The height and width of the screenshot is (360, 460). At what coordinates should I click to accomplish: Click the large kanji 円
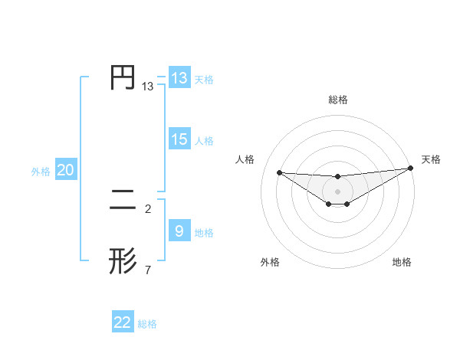coord(123,77)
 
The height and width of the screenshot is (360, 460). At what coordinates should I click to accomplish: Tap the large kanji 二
coord(123,201)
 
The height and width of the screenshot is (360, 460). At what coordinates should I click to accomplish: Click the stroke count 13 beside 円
coord(148,87)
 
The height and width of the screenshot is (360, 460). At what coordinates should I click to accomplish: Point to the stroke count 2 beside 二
coord(148,208)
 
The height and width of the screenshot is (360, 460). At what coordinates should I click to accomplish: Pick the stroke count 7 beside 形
coord(148,270)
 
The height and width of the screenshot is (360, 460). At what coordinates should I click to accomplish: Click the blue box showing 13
coord(179,78)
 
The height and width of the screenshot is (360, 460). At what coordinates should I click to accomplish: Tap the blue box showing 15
coord(179,139)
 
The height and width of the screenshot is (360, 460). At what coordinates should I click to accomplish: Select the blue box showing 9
coord(179,231)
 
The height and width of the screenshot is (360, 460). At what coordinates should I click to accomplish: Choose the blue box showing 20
coord(65,170)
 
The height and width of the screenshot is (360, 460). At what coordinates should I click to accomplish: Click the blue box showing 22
coord(123,322)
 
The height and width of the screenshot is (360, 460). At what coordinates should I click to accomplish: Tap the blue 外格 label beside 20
coord(41,172)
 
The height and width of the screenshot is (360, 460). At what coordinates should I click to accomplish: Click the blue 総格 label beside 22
coord(147,324)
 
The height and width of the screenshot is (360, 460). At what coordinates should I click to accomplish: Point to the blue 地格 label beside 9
coord(204,233)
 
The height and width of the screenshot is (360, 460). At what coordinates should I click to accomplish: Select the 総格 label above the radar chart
coord(337,100)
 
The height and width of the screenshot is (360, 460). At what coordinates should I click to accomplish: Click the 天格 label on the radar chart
coord(431,159)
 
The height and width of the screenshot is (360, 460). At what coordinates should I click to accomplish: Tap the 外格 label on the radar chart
coord(270,262)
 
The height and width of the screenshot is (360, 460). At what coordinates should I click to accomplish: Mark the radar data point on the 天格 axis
coord(410,168)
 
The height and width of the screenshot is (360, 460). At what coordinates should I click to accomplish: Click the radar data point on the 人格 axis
coord(279,172)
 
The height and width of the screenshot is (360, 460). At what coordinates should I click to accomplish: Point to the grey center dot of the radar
coord(337,191)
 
